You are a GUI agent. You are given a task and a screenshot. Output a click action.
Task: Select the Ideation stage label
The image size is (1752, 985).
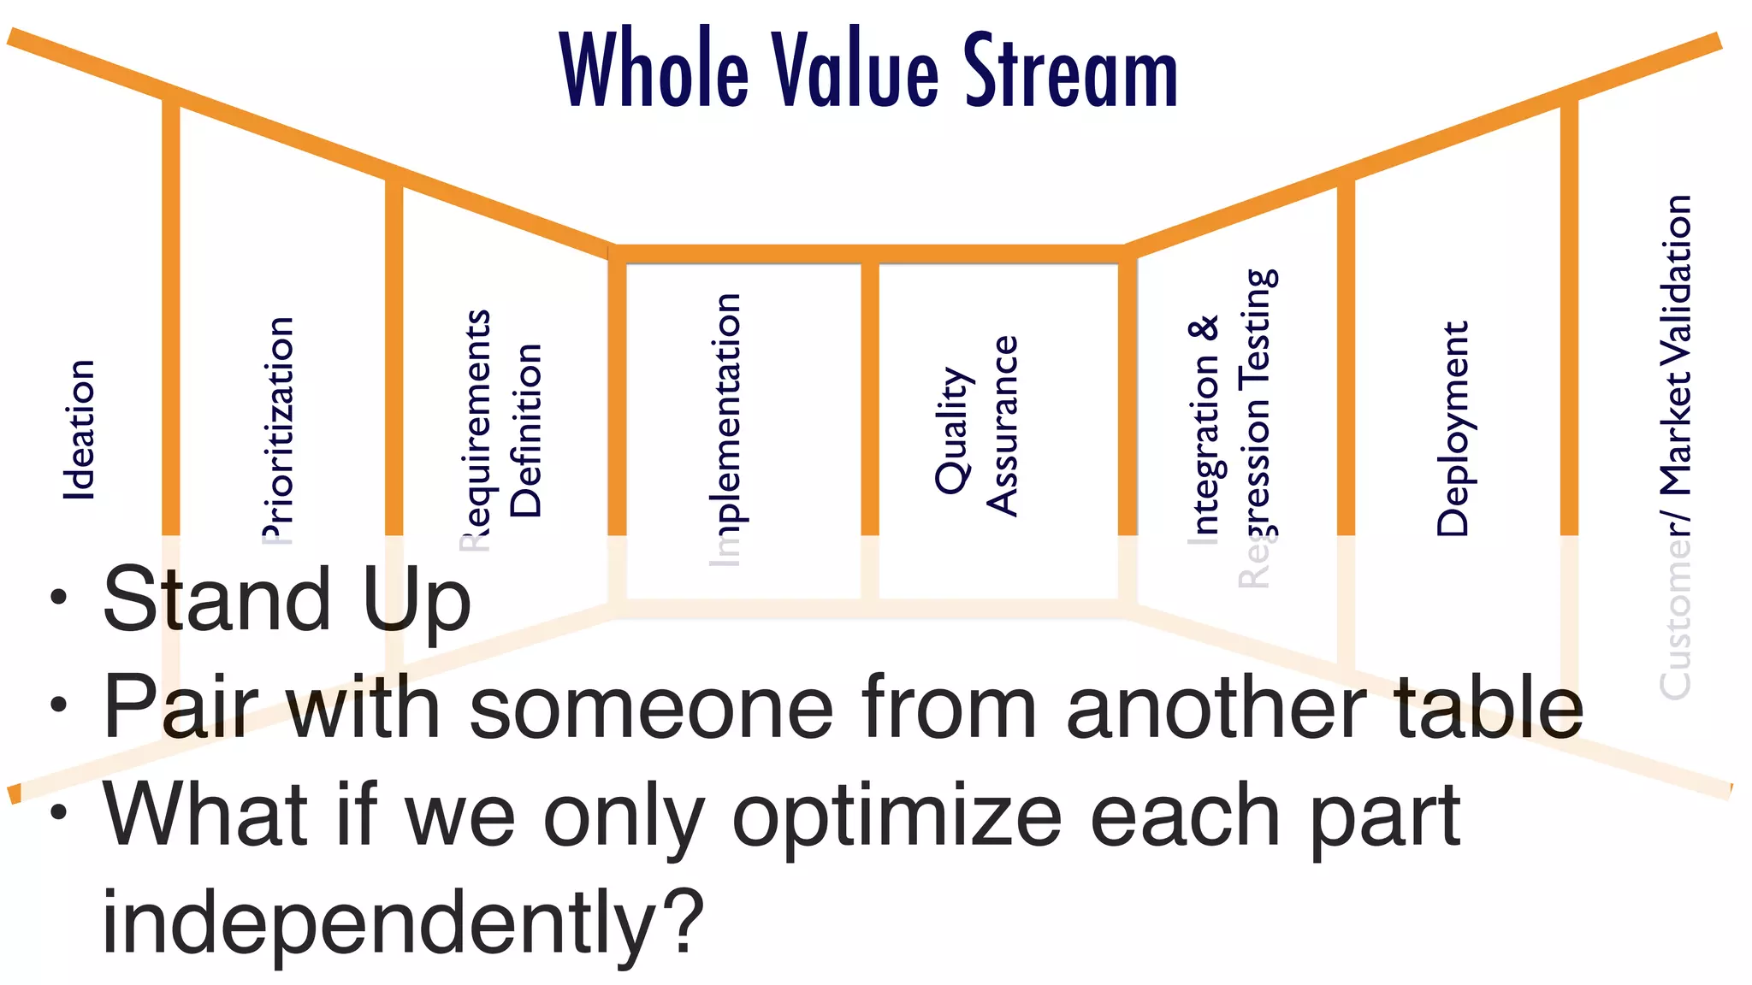click(79, 429)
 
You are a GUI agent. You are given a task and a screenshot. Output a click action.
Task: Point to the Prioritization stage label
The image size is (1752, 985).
click(278, 429)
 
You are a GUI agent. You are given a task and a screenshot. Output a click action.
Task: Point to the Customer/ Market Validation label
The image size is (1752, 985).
click(1675, 445)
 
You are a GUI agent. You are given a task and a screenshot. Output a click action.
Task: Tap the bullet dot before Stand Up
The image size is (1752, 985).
click(58, 598)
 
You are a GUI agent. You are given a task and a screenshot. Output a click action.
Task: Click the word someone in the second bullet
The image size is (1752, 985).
click(650, 708)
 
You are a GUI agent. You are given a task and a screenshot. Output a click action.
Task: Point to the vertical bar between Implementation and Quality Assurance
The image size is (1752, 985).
click(870, 402)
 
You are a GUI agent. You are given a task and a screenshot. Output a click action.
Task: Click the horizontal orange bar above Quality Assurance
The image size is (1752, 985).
click(997, 254)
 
